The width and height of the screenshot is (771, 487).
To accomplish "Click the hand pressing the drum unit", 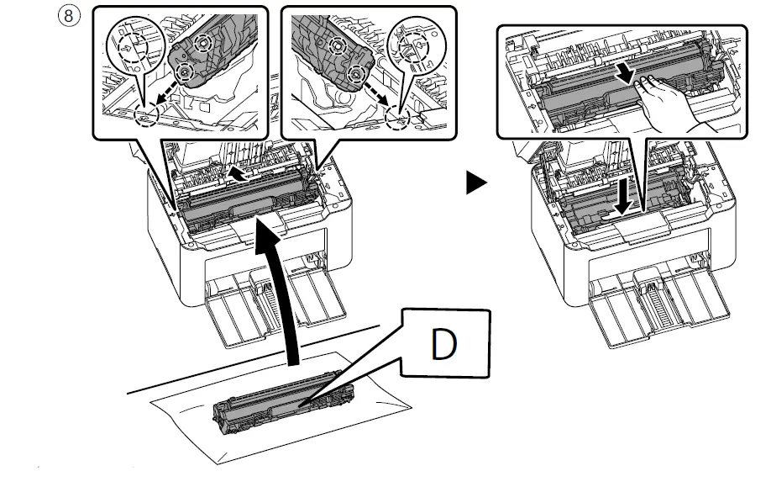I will point(672,102).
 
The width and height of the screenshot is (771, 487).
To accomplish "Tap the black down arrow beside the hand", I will point(625,71).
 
